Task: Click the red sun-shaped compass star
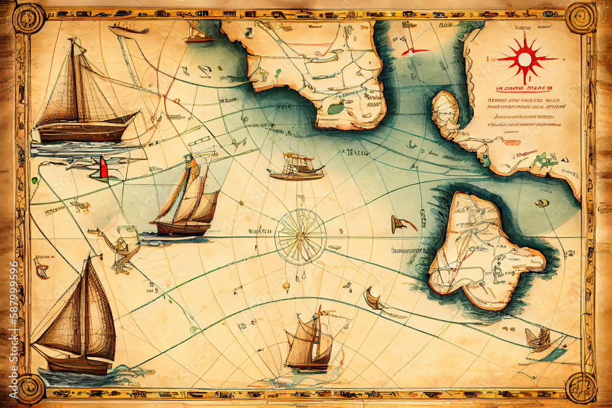click(525, 59)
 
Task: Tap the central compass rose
click(300, 236)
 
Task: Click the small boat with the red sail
click(102, 169)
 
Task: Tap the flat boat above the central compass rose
click(296, 167)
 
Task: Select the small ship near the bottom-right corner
click(538, 338)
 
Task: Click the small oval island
click(445, 109)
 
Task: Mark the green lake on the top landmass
click(336, 108)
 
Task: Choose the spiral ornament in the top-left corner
click(29, 18)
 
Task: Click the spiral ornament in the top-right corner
click(580, 18)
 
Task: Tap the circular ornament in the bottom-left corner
click(29, 388)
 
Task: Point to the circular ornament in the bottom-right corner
click(581, 387)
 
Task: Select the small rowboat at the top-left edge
click(128, 28)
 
